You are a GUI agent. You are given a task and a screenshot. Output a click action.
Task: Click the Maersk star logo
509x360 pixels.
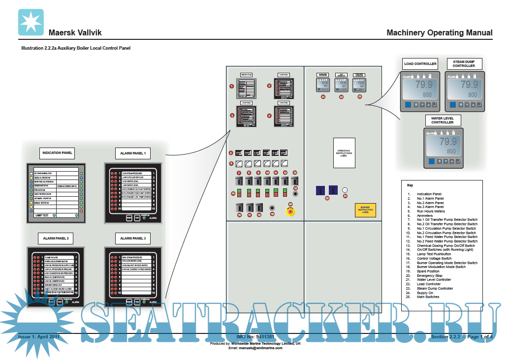tap(31, 22)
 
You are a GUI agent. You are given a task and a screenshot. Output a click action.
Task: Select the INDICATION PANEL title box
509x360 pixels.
tap(57, 153)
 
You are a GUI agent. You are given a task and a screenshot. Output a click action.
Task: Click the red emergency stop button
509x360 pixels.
tap(290, 211)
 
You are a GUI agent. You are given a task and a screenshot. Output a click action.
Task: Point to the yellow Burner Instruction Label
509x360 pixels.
tap(365, 210)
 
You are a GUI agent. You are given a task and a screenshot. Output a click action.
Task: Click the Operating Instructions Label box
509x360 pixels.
tap(344, 153)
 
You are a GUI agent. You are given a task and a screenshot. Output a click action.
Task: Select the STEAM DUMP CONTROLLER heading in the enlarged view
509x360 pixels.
tap(464, 63)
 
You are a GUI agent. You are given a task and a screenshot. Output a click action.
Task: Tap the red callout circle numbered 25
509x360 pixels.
tap(326, 198)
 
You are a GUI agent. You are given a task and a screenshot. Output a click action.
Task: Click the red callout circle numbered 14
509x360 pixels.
tap(233, 193)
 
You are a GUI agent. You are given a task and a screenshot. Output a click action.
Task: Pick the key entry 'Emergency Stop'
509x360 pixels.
tap(429, 275)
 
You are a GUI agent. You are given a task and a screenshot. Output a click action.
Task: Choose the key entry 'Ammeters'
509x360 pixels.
tap(425, 215)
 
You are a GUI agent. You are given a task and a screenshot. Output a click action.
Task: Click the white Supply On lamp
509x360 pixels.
tap(345, 190)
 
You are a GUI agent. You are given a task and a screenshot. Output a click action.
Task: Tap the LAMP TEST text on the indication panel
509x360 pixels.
tap(42, 215)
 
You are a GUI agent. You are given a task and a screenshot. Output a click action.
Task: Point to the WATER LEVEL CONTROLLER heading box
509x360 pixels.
tap(443, 120)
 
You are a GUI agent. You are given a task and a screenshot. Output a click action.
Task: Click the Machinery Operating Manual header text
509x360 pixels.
tap(439, 33)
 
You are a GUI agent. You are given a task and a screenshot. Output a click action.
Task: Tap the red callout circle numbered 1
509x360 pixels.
tap(231, 86)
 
